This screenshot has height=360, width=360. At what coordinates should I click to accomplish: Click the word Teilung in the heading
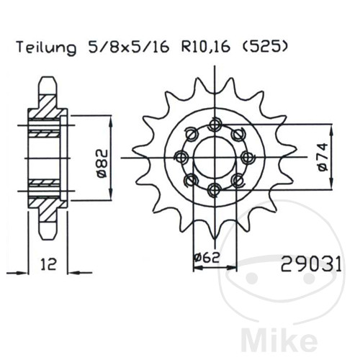pos(45,49)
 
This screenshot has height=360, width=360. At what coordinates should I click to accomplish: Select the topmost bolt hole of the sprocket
pos(214,124)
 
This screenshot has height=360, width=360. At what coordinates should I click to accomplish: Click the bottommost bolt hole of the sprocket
pos(214,189)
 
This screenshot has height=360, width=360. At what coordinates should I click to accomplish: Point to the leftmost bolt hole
pos(181,156)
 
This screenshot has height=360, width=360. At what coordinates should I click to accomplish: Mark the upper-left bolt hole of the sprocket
pos(191,133)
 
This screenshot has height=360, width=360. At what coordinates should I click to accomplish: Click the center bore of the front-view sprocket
pos(214,157)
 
